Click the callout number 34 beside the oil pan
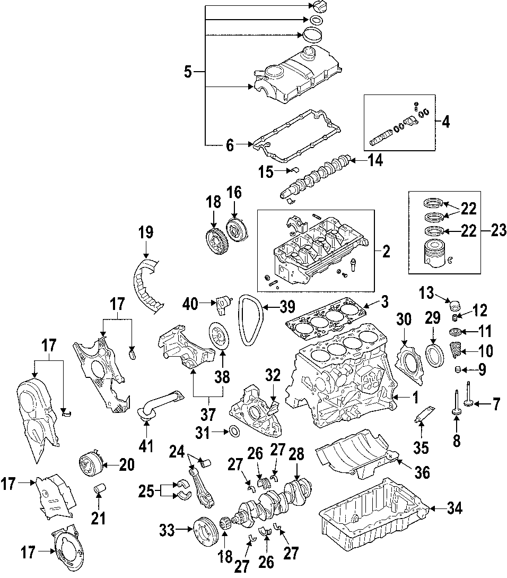454,509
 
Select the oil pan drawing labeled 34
371,515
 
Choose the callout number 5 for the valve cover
188,71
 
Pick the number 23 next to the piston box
499,231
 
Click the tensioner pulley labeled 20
89,466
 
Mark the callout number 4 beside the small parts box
445,122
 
